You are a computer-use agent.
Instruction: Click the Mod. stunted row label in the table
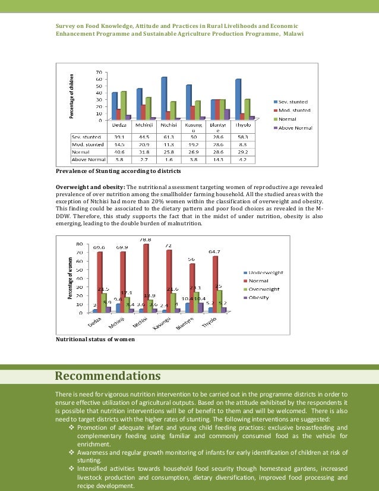click(87, 144)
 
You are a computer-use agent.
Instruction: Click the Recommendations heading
click(108, 376)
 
